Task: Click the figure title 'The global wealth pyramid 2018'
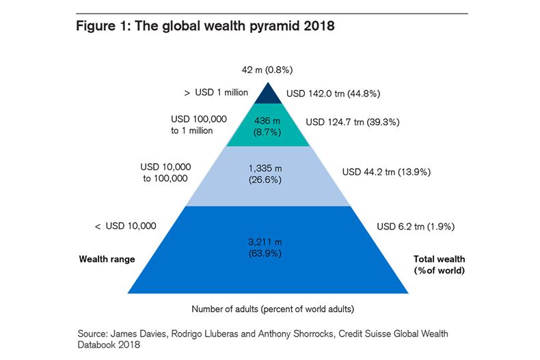coord(205,28)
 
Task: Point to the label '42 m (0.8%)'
coord(268,70)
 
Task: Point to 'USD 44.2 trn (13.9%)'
coord(386,172)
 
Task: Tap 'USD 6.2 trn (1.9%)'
coord(416,226)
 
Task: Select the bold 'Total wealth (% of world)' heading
coord(439,264)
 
